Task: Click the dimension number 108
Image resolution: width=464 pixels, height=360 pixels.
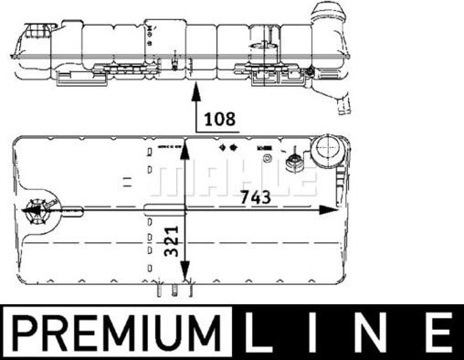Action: [x=220, y=118]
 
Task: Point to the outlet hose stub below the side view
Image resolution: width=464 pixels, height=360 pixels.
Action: [x=343, y=104]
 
